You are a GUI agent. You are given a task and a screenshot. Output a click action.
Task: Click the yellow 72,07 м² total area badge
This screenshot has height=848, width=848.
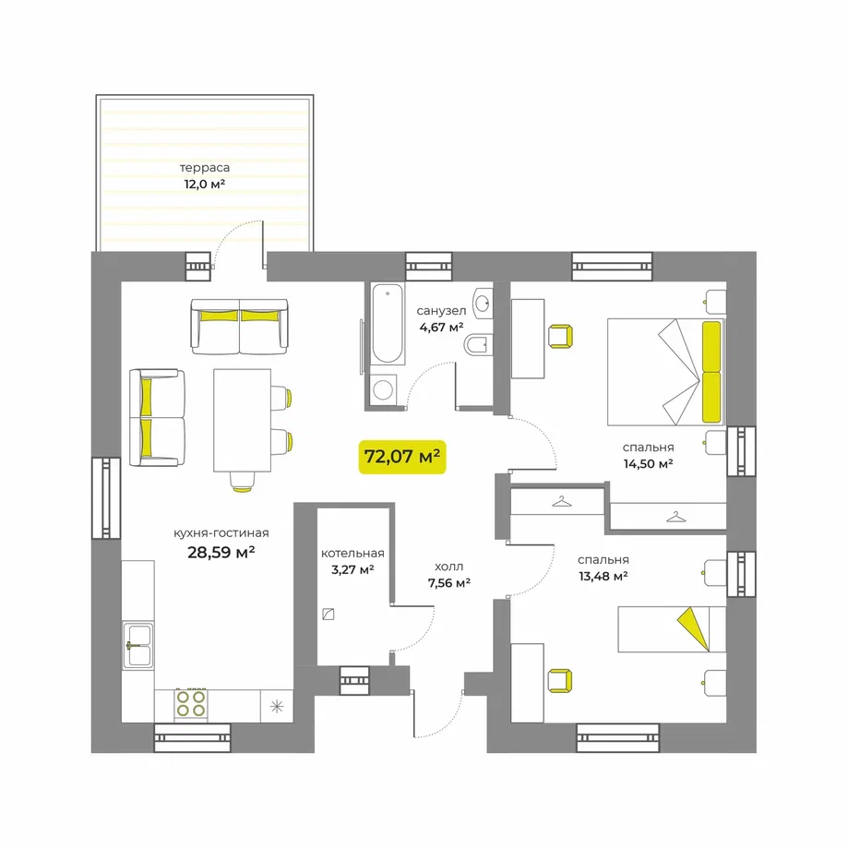pos(401,457)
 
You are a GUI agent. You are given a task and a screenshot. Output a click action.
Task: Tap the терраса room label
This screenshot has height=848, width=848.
pos(205,168)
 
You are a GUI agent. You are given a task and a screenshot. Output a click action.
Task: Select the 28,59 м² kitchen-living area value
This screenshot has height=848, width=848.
pos(221,552)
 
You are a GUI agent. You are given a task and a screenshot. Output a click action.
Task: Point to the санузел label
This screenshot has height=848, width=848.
pos(441,311)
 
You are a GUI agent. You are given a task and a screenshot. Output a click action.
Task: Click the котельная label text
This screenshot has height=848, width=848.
pos(352,554)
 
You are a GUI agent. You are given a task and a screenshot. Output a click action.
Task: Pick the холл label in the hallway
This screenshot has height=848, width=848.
pos(448,567)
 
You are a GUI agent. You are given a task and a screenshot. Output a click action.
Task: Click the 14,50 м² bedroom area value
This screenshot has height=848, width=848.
pos(648,463)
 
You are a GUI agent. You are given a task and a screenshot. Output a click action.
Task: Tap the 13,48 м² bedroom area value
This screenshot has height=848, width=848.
pos(603,576)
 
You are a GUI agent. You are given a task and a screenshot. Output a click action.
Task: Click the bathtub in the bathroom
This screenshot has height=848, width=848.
pos(388,323)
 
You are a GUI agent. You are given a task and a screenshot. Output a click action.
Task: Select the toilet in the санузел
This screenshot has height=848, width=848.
pos(478,344)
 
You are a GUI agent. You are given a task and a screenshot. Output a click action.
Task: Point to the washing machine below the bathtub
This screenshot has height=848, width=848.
pos(384,389)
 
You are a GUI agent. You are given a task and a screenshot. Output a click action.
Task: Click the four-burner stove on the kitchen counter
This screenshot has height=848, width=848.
pos(191,704)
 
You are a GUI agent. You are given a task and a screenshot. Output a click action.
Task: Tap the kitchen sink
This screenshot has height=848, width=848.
pos(137,645)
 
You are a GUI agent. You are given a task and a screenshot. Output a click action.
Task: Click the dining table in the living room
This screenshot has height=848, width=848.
pos(243,420)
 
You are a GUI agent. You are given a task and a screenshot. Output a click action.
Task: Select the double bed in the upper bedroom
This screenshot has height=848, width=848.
pos(665,372)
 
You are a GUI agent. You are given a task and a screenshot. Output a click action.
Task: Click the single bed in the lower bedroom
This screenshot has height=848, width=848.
pos(672,629)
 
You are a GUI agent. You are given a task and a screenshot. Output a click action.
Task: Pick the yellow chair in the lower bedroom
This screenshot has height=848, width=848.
pos(560,681)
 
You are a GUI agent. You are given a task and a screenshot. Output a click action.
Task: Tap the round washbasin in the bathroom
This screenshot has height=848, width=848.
pos(483,303)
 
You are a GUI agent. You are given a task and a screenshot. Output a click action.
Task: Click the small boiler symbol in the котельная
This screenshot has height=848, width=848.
pos(328,615)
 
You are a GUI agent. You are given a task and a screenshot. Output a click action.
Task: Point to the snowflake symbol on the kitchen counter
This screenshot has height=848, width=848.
pos(277,706)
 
